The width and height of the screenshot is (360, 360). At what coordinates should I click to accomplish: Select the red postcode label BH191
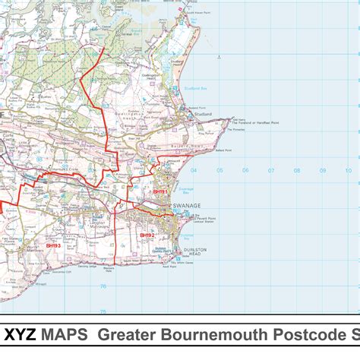point(160,192)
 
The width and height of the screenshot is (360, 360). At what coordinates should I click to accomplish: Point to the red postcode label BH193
point(53,245)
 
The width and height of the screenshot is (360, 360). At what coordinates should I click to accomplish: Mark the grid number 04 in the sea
point(194,171)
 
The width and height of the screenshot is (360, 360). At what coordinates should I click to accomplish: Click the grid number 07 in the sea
point(271,171)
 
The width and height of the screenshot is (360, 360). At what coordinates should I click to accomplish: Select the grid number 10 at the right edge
point(348,171)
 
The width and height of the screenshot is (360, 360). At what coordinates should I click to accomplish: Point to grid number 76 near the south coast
point(103,286)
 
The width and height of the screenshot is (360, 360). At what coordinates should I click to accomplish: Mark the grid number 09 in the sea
point(322,171)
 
